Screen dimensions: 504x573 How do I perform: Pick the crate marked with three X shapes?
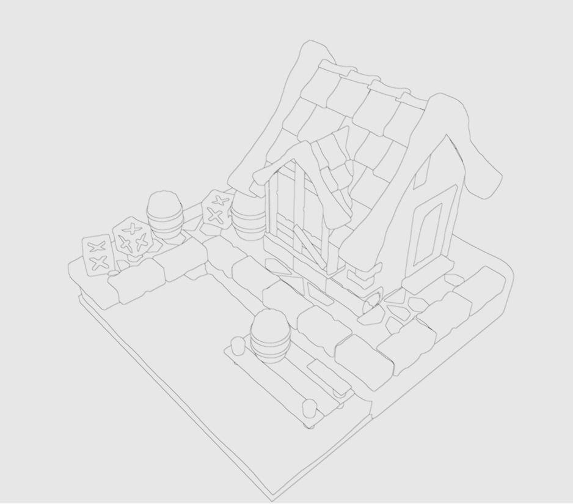tap(131, 236)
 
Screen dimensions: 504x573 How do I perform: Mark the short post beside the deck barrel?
tap(236, 346)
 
